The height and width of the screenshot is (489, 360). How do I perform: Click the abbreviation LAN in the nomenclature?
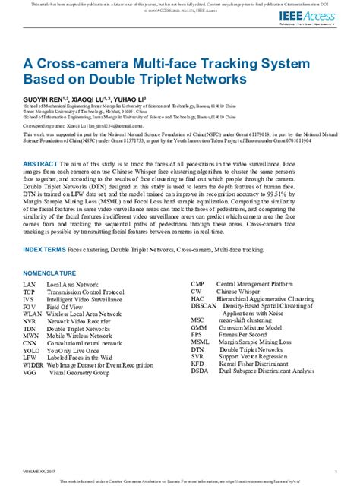(30, 283)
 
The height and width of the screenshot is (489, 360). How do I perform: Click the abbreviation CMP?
(198, 283)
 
